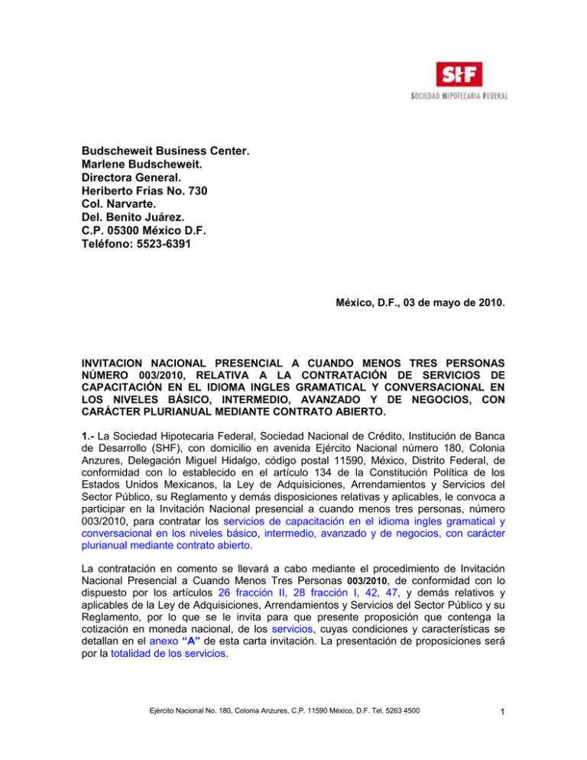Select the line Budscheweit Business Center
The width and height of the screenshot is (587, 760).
[166, 141]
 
